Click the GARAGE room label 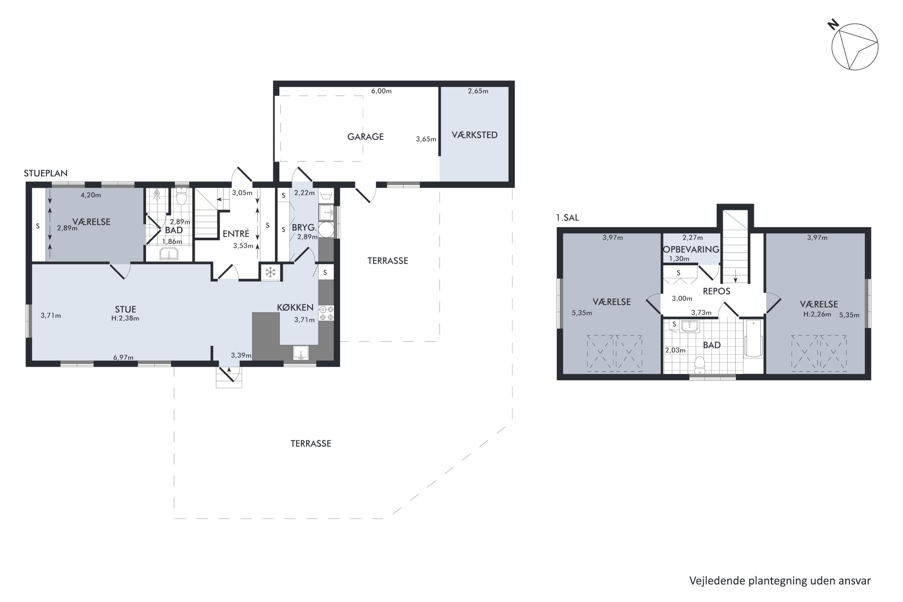365,137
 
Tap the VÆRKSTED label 475,135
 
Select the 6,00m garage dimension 381,91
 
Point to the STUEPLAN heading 46,173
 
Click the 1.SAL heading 567,218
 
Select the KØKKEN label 295,308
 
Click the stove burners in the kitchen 326,313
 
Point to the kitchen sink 301,353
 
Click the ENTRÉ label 236,234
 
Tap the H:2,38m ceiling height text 125,318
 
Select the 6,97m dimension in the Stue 123,358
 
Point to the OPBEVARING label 691,250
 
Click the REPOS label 716,291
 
